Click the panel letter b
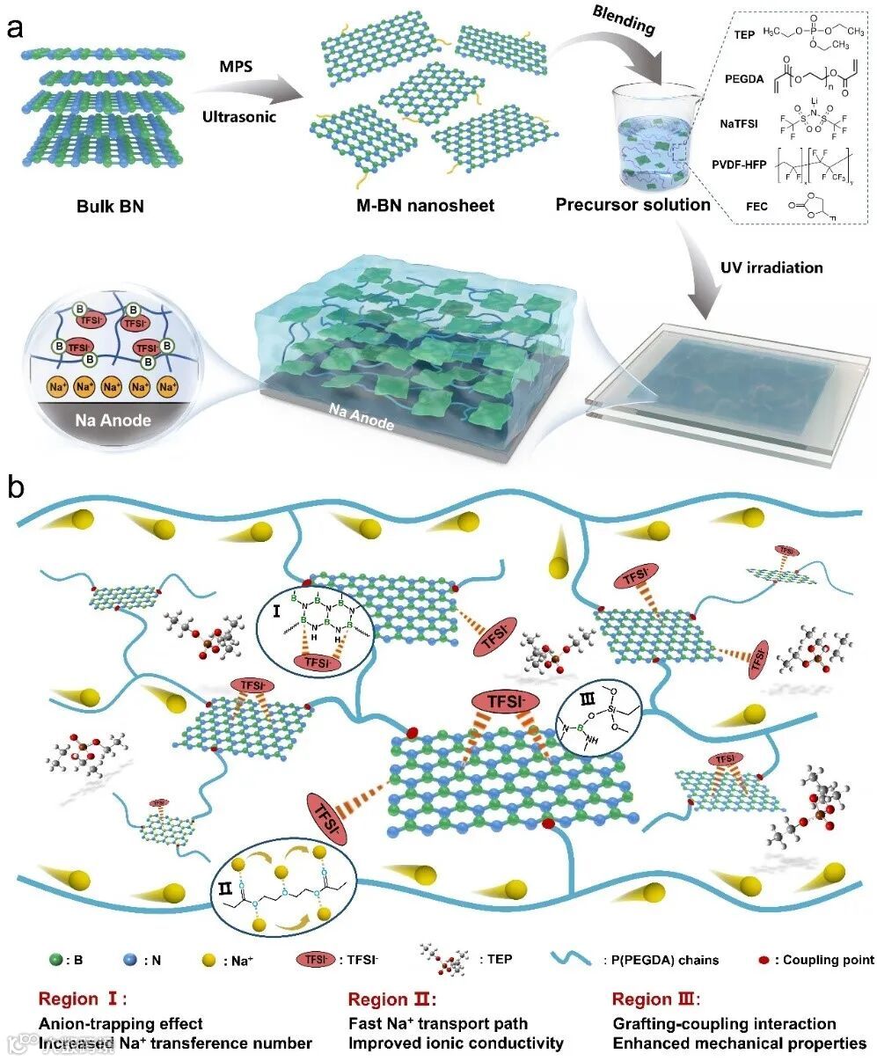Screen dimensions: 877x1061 [x=15, y=487]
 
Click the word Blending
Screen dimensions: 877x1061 [x=624, y=22]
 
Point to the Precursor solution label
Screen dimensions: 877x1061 [x=633, y=205]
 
